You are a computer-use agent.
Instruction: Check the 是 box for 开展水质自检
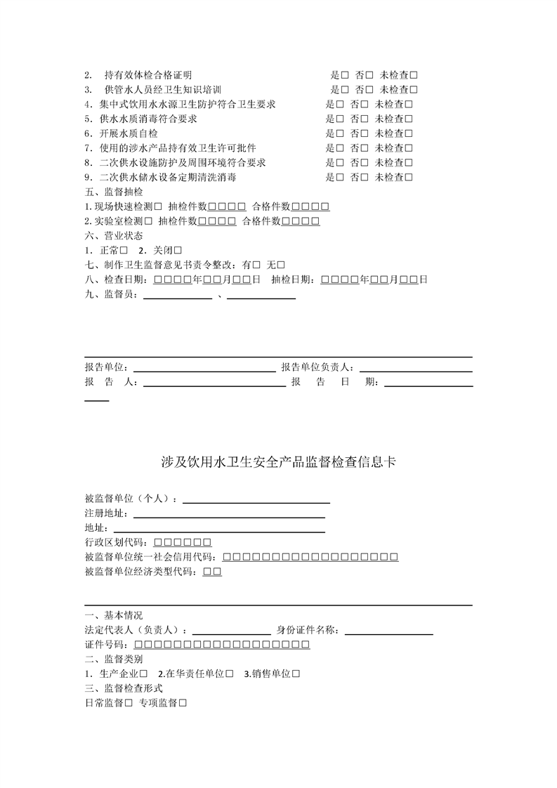click(340, 133)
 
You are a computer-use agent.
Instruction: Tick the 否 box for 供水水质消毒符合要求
click(364, 119)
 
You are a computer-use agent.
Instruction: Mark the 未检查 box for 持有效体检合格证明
click(414, 74)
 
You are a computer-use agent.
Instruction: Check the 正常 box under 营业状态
click(123, 251)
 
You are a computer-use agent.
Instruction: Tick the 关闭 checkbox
click(178, 251)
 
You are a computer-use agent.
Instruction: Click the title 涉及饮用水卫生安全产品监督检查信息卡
click(278, 461)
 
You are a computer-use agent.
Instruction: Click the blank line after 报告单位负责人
click(415, 367)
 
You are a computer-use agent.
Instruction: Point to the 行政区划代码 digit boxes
click(182, 542)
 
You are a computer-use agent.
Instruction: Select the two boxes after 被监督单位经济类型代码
click(212, 572)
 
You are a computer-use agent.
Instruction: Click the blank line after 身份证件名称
click(388, 630)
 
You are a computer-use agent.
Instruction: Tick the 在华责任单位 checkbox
click(230, 674)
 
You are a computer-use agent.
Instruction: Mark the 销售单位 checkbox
click(296, 674)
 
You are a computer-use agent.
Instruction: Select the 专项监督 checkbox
click(183, 703)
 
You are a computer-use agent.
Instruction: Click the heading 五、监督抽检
click(113, 192)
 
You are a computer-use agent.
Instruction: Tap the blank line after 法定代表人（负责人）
click(231, 630)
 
